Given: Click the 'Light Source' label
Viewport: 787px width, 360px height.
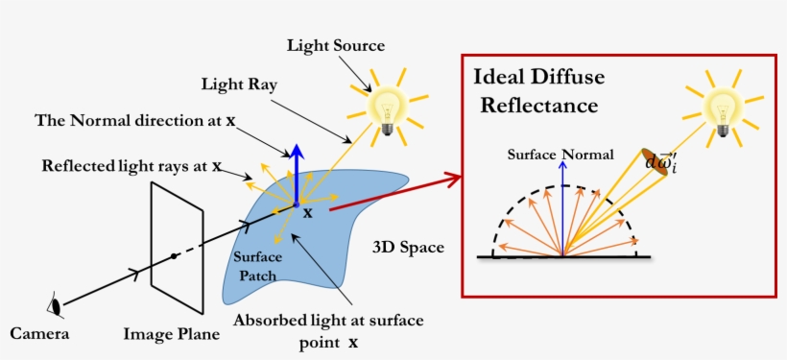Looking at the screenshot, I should tap(336, 45).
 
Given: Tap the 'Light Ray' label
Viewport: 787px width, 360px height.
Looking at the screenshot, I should tap(240, 84).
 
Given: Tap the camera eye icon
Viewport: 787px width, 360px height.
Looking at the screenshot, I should tap(56, 306).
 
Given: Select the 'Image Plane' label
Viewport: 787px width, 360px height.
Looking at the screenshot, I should tap(172, 334).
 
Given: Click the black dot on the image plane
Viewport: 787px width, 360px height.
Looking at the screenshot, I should tap(173, 255).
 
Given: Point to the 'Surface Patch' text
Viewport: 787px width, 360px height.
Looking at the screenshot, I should tap(255, 267).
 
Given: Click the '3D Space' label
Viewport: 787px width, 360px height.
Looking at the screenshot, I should tap(408, 247).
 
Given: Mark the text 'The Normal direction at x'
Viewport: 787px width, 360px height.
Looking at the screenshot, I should tap(135, 121).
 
